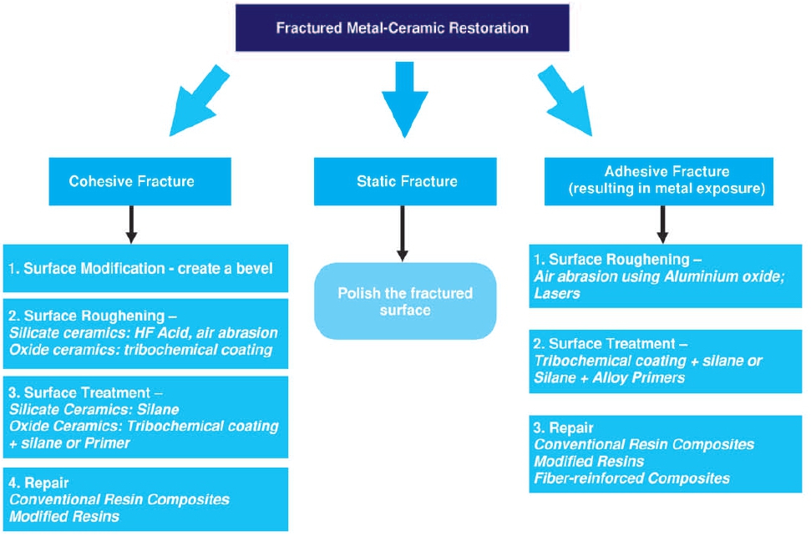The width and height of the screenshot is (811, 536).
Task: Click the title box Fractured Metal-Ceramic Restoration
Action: tap(402, 28)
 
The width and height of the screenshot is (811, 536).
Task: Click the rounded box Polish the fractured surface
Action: tap(405, 301)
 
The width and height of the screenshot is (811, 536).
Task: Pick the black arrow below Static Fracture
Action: tap(402, 231)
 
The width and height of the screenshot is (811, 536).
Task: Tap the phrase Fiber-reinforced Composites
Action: tap(632, 478)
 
